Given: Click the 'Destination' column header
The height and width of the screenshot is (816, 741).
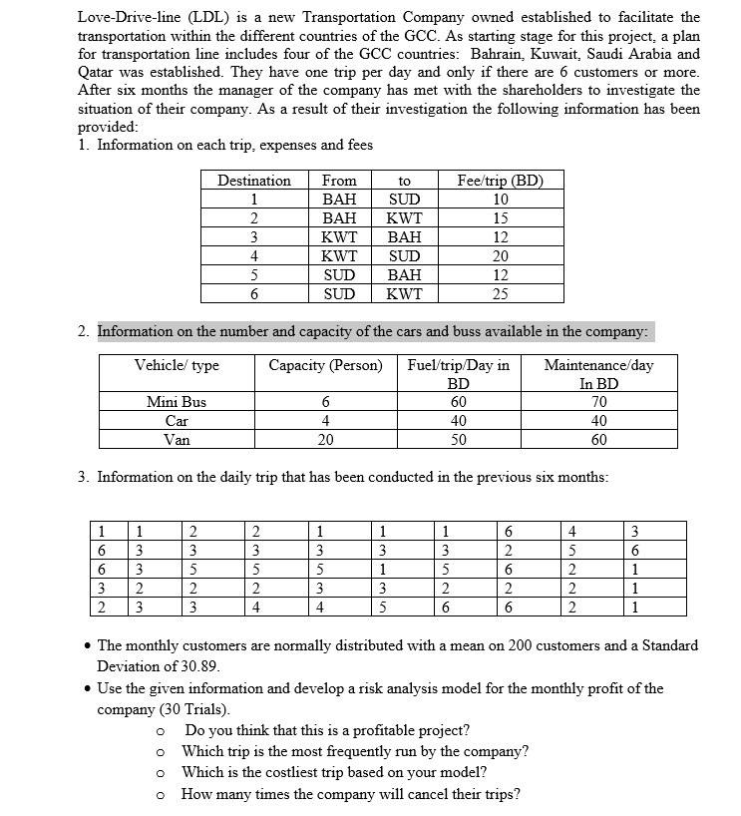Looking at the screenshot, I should click(x=254, y=181).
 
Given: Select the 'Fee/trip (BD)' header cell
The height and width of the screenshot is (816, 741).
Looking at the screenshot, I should click(x=499, y=181).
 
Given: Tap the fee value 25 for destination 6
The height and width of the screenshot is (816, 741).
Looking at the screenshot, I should click(x=500, y=293).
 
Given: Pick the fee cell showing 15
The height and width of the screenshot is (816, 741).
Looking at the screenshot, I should click(x=500, y=218).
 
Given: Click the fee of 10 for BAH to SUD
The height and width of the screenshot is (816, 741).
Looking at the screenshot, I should click(x=500, y=200).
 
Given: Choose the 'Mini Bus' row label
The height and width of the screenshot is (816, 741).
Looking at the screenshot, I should click(x=177, y=402).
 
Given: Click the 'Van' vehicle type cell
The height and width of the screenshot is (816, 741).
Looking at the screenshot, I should click(x=177, y=439).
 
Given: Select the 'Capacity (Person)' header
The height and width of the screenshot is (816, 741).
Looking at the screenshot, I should click(x=325, y=365).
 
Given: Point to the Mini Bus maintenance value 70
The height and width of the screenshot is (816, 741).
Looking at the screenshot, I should click(x=598, y=402).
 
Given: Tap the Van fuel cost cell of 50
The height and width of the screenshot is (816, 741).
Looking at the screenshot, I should click(x=458, y=439).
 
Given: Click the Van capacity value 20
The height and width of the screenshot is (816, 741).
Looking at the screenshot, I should click(x=325, y=439).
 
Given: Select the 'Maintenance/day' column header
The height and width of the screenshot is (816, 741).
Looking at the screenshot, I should click(x=598, y=365).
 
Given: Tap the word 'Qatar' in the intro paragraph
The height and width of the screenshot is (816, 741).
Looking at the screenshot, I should click(x=99, y=72).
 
